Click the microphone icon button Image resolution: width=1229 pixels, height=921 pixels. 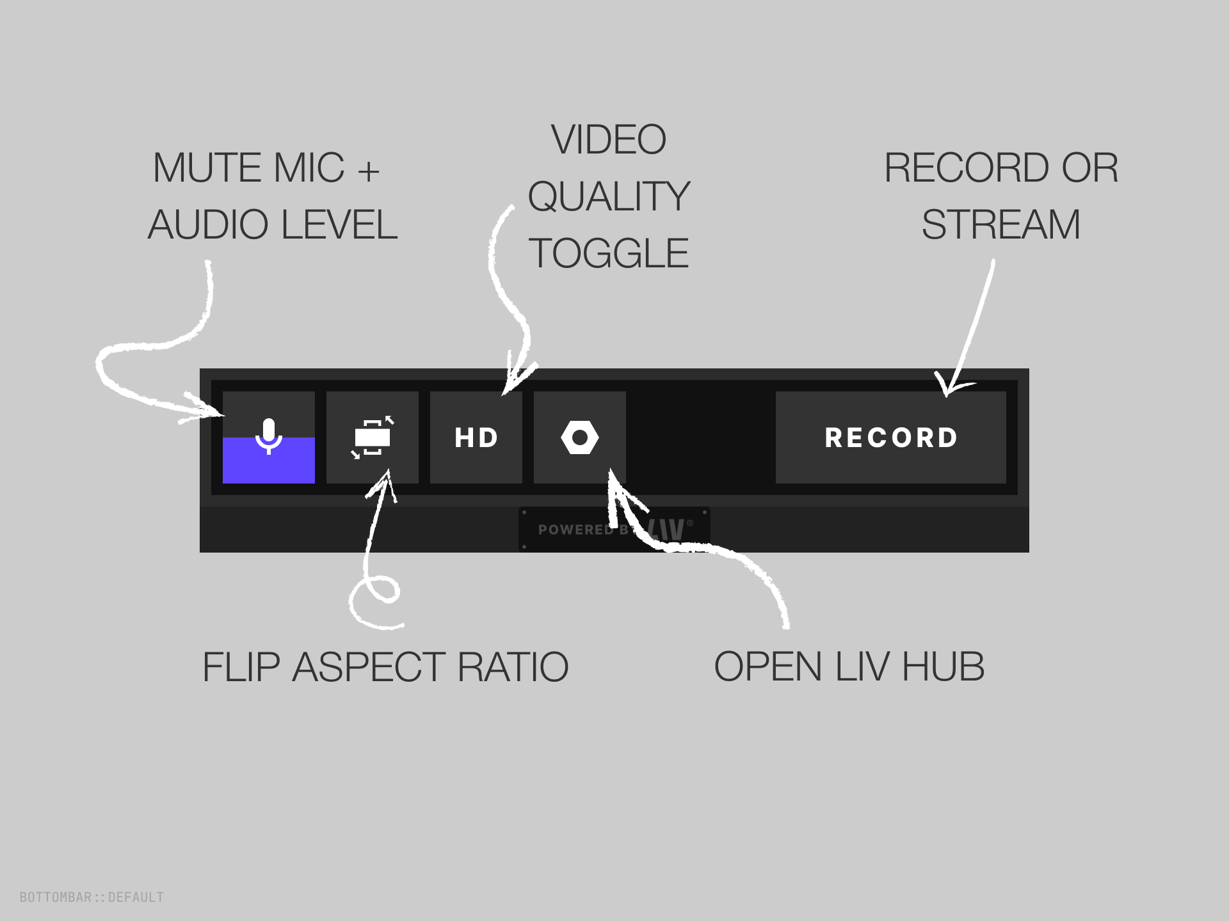[269, 437]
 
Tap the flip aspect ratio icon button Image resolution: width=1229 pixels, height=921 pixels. [373, 437]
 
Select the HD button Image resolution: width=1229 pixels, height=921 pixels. [476, 437]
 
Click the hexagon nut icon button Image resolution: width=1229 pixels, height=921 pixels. [580, 437]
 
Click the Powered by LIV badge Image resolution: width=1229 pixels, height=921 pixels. [614, 530]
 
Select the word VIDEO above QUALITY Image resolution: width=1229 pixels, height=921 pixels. [609, 139]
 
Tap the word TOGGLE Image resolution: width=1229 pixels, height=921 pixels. [609, 253]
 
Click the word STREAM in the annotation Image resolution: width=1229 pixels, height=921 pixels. [1000, 224]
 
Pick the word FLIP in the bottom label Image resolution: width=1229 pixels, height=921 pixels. [241, 667]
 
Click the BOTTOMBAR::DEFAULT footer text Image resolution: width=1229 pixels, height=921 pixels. [92, 897]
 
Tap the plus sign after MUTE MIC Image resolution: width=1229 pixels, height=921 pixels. [369, 170]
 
